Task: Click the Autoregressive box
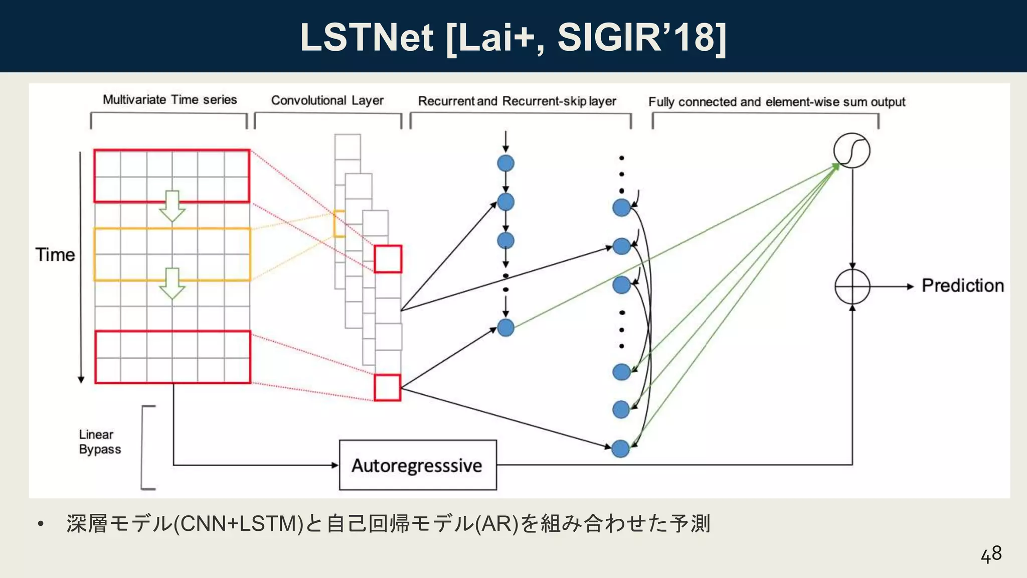pyautogui.click(x=418, y=465)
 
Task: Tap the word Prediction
pyautogui.click(x=962, y=285)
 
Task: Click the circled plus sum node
pyautogui.click(x=852, y=286)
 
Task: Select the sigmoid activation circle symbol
pyautogui.click(x=851, y=151)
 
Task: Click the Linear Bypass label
pyautogui.click(x=99, y=442)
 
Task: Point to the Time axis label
pyautogui.click(x=55, y=255)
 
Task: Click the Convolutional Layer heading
pyautogui.click(x=327, y=100)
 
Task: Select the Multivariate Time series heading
pyautogui.click(x=169, y=99)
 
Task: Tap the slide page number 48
pyautogui.click(x=991, y=554)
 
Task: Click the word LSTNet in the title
pyautogui.click(x=366, y=37)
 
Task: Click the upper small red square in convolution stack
pyautogui.click(x=388, y=259)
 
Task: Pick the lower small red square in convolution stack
pyautogui.click(x=387, y=387)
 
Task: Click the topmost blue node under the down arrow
pyautogui.click(x=505, y=164)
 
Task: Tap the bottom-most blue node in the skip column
pyautogui.click(x=621, y=448)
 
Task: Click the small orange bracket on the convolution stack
pyautogui.click(x=338, y=224)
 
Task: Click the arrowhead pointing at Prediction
pyautogui.click(x=910, y=286)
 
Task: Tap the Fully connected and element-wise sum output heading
pyautogui.click(x=776, y=102)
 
